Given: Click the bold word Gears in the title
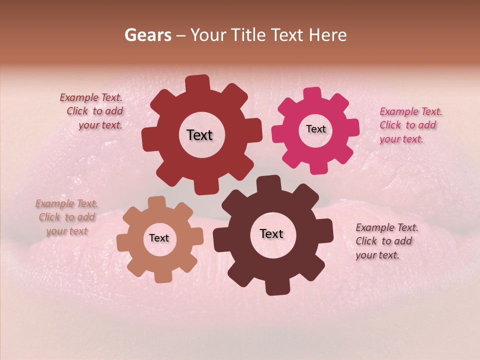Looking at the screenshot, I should (x=147, y=35).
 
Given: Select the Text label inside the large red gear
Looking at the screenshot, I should (x=199, y=135).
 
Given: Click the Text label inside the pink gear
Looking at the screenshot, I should (x=315, y=129).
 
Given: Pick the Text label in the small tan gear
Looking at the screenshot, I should (x=159, y=238).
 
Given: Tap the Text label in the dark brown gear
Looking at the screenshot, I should (x=271, y=234).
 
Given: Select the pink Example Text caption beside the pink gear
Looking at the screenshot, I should (x=410, y=125).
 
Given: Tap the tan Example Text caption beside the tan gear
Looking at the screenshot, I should (x=66, y=217).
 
